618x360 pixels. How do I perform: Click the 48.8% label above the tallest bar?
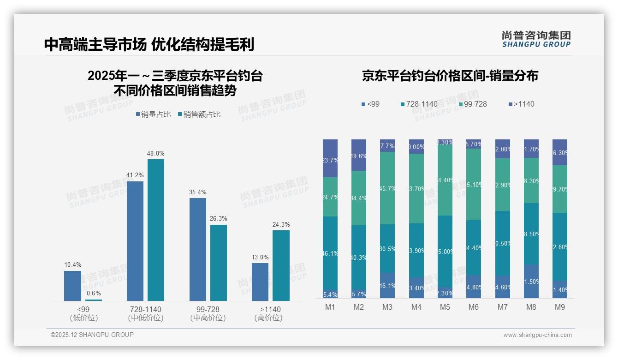click(x=156, y=153)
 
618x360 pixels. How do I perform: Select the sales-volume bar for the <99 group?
click(x=72, y=286)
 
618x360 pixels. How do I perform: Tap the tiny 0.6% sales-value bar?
click(x=94, y=300)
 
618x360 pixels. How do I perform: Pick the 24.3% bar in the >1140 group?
click(x=281, y=265)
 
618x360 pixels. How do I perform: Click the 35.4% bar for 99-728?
click(x=198, y=249)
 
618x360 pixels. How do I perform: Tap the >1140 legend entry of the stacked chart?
click(x=521, y=104)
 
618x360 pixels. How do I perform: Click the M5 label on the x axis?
click(x=445, y=307)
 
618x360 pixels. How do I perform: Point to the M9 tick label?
click(x=560, y=307)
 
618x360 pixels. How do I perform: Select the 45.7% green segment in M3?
click(x=387, y=188)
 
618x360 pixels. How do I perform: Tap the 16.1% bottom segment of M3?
click(x=387, y=285)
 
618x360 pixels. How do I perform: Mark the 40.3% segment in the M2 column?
click(x=359, y=257)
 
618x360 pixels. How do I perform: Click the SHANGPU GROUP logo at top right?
click(x=536, y=39)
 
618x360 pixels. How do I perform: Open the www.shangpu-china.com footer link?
click(x=537, y=335)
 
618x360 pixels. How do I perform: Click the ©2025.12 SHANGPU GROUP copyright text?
click(x=92, y=335)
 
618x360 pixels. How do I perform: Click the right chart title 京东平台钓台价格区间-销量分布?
click(x=450, y=76)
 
